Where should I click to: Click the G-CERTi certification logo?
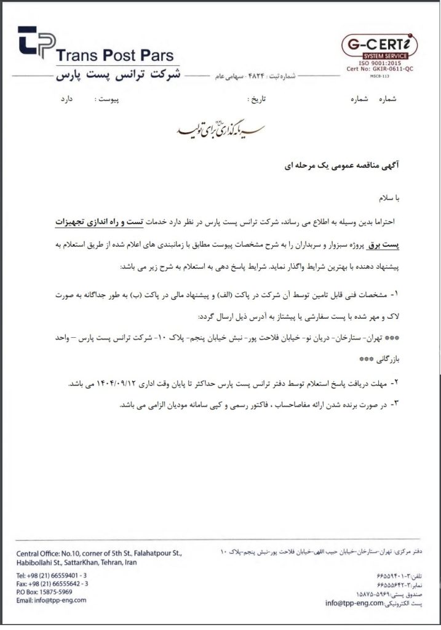click(379, 46)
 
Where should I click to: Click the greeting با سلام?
click(389, 198)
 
